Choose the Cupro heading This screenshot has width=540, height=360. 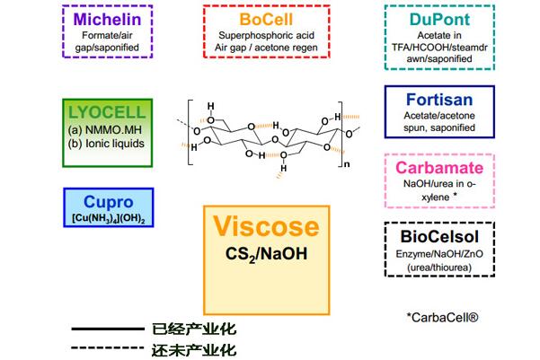tap(107, 203)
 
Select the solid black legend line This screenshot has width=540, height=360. tap(106, 329)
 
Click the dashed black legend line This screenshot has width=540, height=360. tap(106, 349)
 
